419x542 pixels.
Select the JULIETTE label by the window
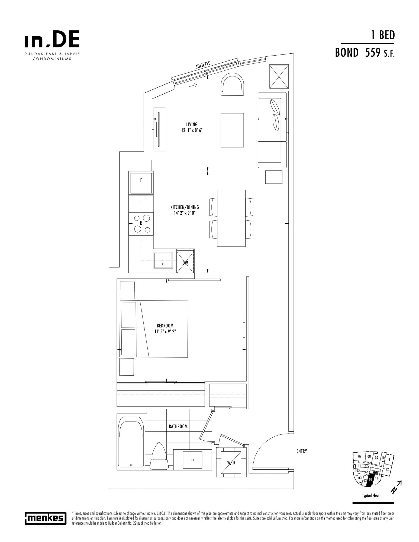(203, 65)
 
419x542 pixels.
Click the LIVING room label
(192, 125)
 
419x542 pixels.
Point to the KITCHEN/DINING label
(185, 207)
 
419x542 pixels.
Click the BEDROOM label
(165, 326)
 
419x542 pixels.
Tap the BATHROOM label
(178, 426)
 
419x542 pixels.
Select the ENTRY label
(302, 451)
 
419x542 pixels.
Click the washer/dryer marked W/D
(231, 463)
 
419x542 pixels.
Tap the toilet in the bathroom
(159, 458)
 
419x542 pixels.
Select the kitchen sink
(163, 260)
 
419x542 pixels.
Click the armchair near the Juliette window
(232, 85)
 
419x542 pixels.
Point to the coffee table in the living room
(232, 130)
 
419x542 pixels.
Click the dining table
(231, 218)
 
